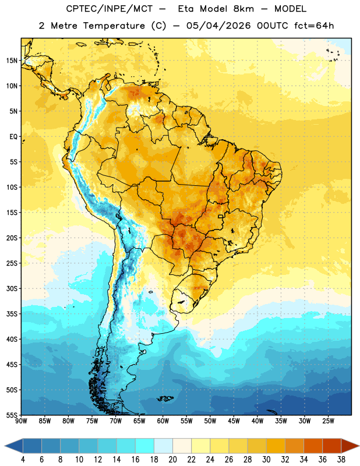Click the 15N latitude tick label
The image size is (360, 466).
coord(12,61)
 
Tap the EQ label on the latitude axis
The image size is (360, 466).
coord(13,137)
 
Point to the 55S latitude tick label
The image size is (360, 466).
coord(12,415)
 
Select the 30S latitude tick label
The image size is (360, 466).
coord(12,288)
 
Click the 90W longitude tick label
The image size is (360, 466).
coord(22,421)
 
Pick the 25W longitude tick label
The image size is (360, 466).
coord(328,421)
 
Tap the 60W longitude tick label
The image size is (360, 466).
coord(163,421)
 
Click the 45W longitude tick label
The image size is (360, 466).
coord(234,421)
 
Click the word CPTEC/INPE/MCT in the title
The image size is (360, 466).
coord(110,9)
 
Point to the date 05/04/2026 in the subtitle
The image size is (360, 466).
coord(218,26)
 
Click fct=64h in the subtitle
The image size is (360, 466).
coord(314,26)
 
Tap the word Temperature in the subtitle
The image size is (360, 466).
coord(114,26)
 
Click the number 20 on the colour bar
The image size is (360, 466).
coord(172,460)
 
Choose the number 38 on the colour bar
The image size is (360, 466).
coord(341,460)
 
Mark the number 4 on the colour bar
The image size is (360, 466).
coord(23,460)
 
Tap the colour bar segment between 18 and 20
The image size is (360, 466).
coord(163,446)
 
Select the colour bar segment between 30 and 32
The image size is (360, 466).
coord(276,446)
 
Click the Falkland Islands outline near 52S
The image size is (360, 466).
coord(165,398)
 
